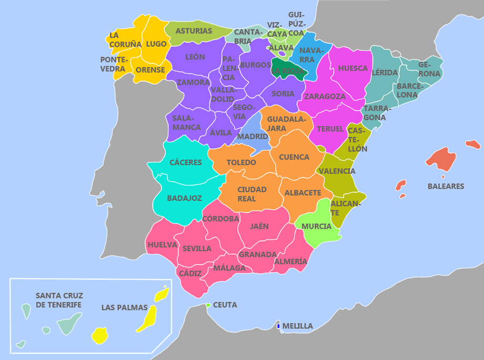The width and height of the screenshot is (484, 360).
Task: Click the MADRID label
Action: tap(253, 137)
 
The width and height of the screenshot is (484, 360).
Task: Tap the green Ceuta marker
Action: tap(208, 305)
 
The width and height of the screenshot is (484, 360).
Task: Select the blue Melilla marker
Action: tap(278, 326)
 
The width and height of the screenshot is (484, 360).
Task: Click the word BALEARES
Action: tap(446, 186)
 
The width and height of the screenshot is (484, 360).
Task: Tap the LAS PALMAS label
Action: tap(124, 307)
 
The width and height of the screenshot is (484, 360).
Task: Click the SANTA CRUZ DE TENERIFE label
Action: tap(59, 300)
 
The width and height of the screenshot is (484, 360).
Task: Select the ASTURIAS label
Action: tap(194, 31)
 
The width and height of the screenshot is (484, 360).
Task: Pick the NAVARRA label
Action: tap(310, 55)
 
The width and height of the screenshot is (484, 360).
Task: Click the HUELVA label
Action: tap(162, 244)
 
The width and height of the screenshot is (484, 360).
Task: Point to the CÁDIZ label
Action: tap(190, 273)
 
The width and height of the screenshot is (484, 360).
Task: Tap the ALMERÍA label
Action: tap(290, 261)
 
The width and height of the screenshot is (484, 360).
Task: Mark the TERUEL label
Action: tap(330, 129)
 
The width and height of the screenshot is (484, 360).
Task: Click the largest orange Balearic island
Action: tap(441, 159)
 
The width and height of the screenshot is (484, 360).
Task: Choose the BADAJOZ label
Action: tap(184, 198)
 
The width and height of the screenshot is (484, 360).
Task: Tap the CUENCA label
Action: tap(294, 157)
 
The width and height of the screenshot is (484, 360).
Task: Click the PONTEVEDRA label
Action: tap(113, 64)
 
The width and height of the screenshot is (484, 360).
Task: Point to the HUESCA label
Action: tap(353, 68)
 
